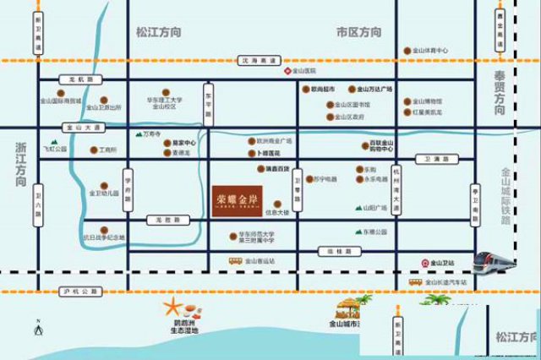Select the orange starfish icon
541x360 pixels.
point(172,305)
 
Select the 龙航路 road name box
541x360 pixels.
point(85,78)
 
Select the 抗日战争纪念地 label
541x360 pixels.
point(106,237)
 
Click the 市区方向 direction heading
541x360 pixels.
point(358,32)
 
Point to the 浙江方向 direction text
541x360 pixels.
point(22,164)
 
